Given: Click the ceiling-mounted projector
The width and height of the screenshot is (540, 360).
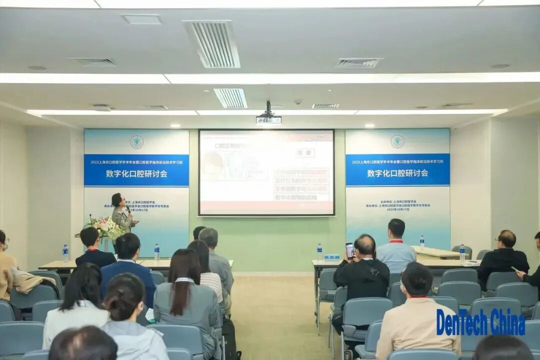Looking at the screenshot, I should pos(268,118).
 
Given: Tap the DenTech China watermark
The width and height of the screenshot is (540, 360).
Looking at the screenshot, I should pos(480,322).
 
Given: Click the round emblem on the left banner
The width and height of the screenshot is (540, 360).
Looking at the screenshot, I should pos(136,142).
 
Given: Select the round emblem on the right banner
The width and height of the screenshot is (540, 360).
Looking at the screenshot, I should pos(397,141).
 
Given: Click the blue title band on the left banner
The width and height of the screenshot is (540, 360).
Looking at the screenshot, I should pos(136,170).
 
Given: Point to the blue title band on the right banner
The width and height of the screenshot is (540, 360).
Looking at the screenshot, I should pos(397,170).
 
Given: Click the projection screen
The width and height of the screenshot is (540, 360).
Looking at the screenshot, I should pos(266,172).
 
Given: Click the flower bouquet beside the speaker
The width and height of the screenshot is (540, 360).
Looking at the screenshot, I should pos(105,227).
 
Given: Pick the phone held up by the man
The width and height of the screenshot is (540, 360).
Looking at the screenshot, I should pos(350,249).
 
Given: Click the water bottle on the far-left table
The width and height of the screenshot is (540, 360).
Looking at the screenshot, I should pos(65,253).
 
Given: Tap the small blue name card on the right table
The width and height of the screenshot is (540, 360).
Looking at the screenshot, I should pos(331,257).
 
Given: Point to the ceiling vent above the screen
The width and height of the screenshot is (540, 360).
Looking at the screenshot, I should pos(230,98).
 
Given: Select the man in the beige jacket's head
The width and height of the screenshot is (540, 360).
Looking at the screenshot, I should pos(416,278).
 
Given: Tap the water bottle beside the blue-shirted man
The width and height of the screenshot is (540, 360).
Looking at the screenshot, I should pos(422,243).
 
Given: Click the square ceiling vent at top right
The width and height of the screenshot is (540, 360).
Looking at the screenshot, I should pos(358,63).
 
